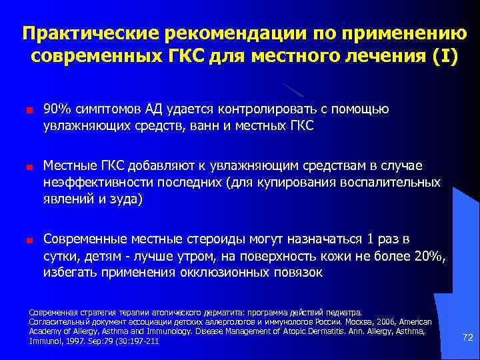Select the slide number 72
point(467,338)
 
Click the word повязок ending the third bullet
point(298,273)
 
